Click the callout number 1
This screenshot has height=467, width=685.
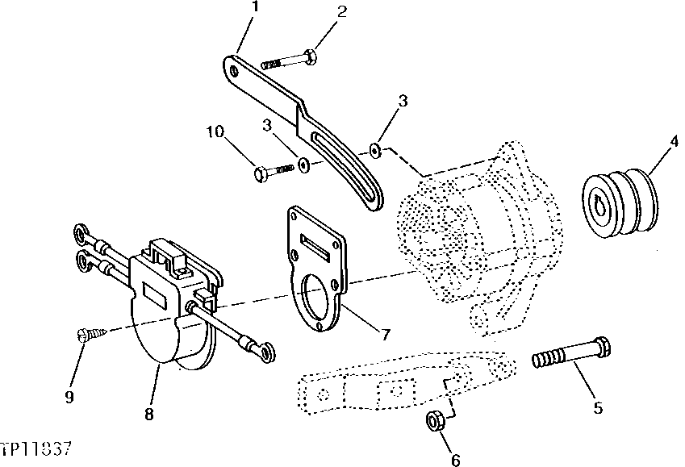255,7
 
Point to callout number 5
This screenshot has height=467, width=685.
598,408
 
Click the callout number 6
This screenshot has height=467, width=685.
456,461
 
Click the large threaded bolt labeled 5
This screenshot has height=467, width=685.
571,357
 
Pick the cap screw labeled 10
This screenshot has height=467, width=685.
273,171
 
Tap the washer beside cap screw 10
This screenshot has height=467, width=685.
303,165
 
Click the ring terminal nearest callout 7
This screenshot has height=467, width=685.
262,349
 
